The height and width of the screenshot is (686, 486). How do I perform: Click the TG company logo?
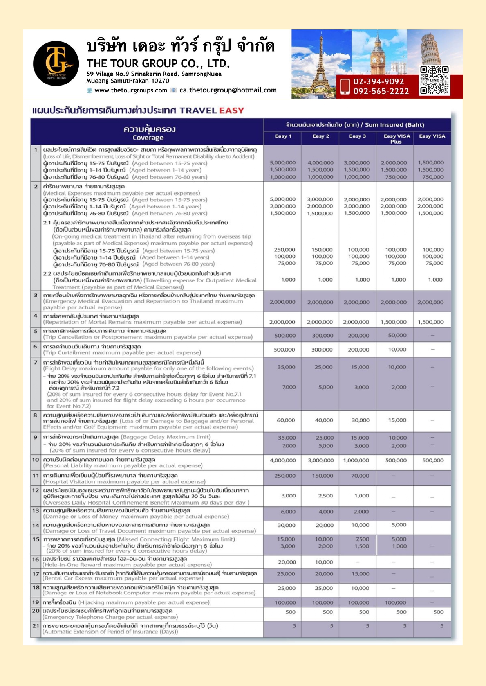tap(56, 63)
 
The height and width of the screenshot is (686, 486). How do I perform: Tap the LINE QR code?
tap(434, 80)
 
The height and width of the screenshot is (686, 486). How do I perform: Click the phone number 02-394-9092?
tap(378, 81)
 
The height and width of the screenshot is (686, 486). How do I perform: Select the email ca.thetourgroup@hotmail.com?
tap(228, 90)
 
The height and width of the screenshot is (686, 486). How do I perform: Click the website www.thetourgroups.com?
tap(130, 90)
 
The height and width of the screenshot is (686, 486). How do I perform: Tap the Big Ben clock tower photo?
tap(378, 53)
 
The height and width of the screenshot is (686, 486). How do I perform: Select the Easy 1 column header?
tap(283, 136)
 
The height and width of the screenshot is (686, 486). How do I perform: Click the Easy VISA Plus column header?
tap(396, 138)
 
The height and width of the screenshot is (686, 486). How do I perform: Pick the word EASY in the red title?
tap(231, 111)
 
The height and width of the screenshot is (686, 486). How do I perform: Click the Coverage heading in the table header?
tap(148, 138)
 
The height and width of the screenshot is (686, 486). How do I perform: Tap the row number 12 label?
tap(36, 490)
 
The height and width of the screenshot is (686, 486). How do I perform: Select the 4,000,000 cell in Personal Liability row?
tap(283, 460)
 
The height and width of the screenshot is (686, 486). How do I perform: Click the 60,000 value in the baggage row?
tap(286, 420)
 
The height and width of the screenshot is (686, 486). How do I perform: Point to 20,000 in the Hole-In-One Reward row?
tap(287, 562)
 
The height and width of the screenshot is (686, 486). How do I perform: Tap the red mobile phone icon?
tap(345, 86)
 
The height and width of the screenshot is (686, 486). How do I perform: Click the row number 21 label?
tap(36, 625)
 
